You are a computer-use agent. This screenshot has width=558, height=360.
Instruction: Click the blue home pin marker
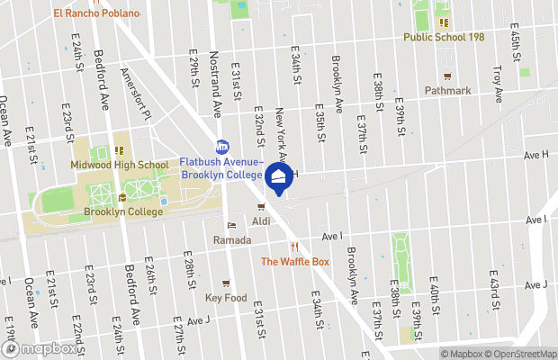[279, 177]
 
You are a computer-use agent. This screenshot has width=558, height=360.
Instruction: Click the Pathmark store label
[447, 91]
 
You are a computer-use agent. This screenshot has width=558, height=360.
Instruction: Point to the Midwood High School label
[120, 165]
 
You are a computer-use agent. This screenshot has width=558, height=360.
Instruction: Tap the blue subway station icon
[222, 146]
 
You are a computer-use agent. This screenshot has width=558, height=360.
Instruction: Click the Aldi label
[261, 220]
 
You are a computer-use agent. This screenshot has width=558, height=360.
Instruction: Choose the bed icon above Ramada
[231, 226]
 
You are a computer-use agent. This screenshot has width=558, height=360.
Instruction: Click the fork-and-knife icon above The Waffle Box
[293, 247]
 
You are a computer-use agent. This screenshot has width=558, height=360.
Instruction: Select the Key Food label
[225, 297]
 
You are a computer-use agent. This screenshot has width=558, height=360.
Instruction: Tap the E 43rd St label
[494, 284]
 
